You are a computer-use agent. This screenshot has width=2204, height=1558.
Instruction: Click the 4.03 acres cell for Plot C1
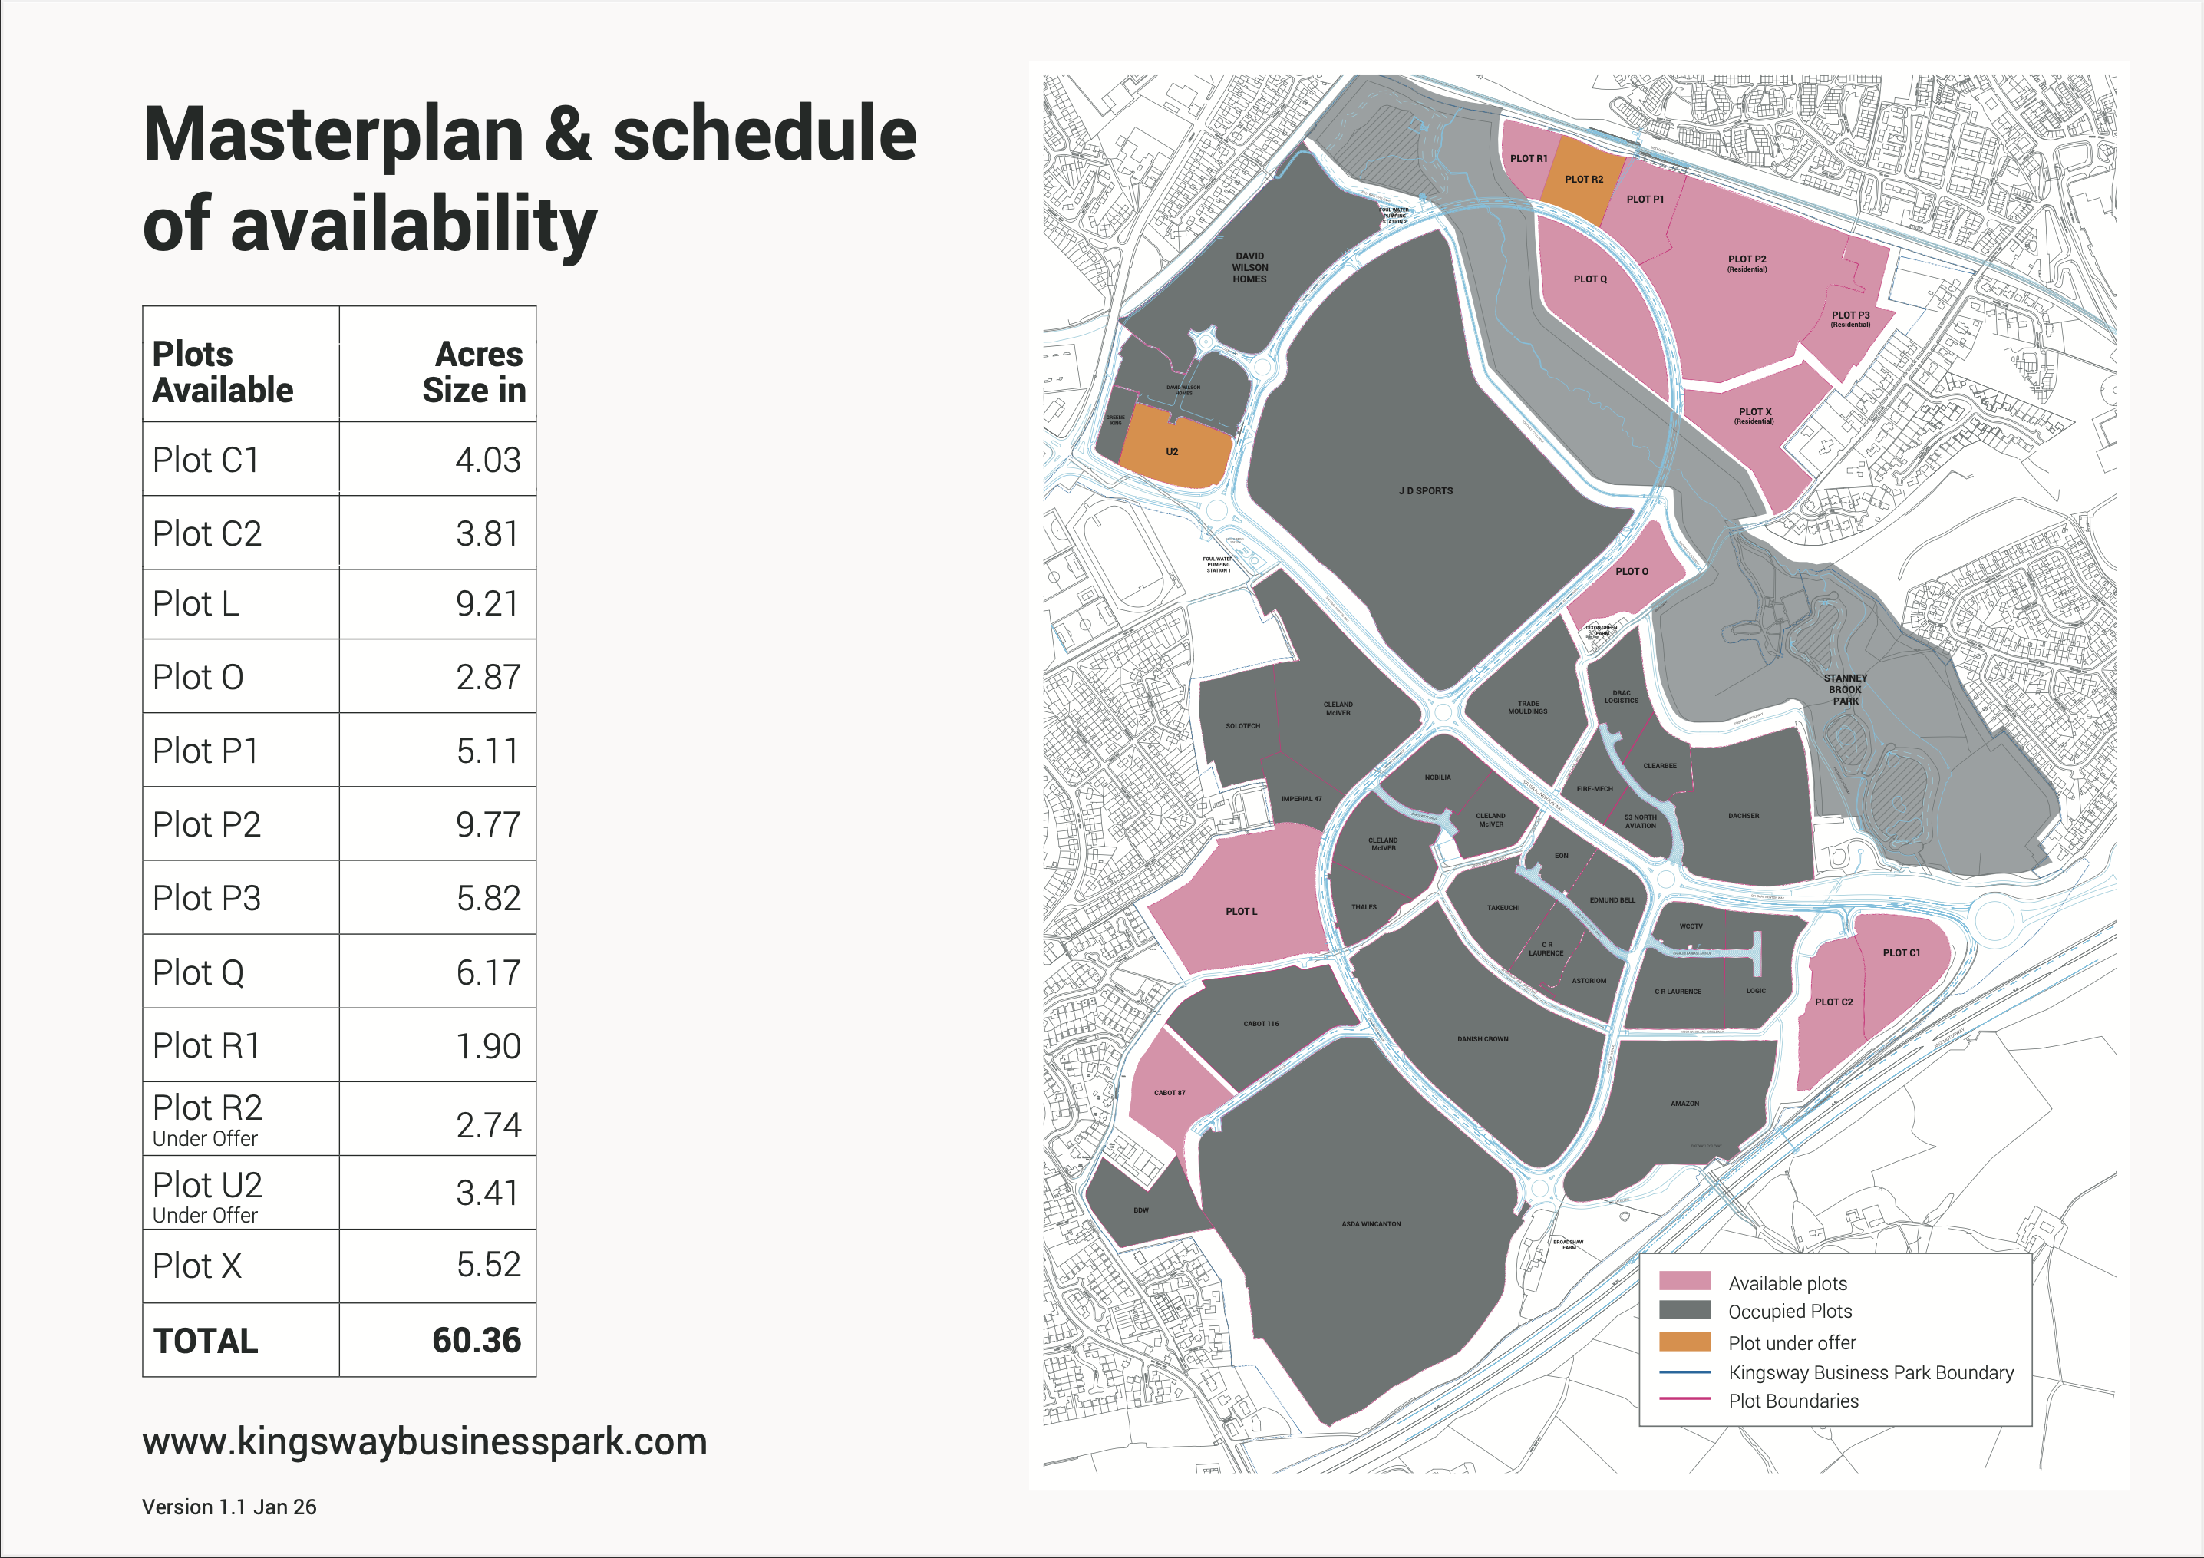pos(487,460)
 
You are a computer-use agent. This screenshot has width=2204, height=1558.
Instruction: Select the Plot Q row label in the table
pos(199,972)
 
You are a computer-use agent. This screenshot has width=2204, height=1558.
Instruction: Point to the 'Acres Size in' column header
pos(474,371)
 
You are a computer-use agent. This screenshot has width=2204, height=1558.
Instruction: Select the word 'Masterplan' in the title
pos(333,134)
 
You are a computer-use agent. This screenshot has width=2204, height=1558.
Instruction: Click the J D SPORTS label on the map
pos(1426,490)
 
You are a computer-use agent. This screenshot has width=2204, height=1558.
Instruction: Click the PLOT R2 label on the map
pos(1584,180)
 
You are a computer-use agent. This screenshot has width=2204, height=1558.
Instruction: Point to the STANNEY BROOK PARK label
pos(1845,689)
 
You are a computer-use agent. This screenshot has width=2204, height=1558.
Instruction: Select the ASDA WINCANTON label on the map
pos(1371,1224)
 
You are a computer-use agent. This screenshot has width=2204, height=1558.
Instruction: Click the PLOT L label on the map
pos(1240,911)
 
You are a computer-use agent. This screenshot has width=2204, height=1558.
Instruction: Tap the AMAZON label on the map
pos(1684,1104)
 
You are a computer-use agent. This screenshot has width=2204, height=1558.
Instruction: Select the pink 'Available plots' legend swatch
pos(1684,1281)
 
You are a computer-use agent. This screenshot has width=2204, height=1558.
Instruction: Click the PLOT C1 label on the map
pos(1901,953)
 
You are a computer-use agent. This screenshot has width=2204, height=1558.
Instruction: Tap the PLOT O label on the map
pos(1631,571)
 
